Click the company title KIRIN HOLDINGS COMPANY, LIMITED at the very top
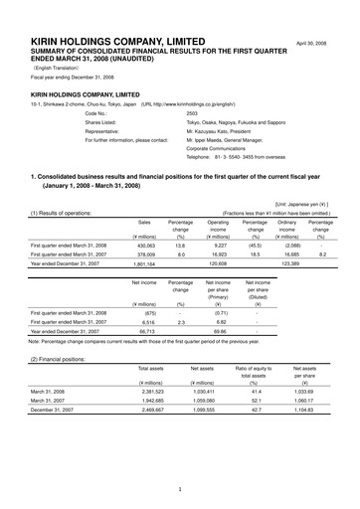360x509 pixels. pyautogui.click(x=116, y=14)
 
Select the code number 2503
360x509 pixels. pyautogui.click(x=193, y=114)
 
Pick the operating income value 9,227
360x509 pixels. pyautogui.click(x=219, y=272)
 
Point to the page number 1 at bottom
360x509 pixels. pyautogui.click(x=180, y=490)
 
